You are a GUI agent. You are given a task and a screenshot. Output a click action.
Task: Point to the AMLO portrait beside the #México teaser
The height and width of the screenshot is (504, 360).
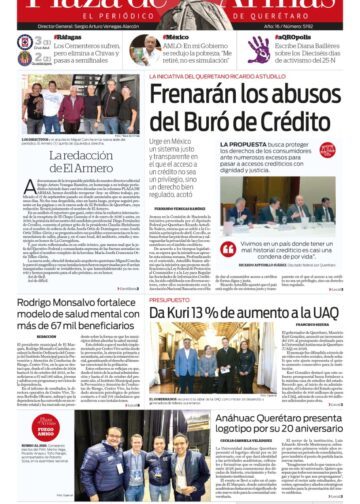tap(140, 48)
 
